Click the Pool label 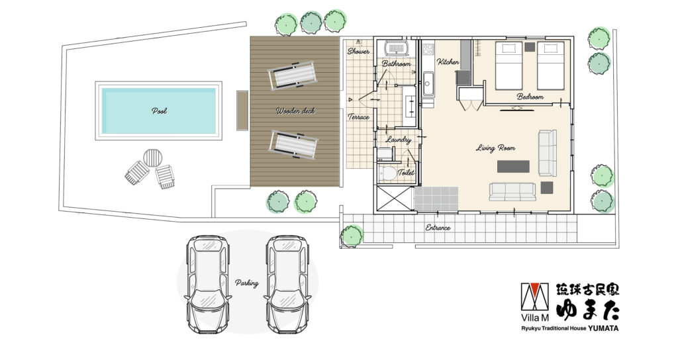tap(159, 111)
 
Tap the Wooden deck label tap(296, 111)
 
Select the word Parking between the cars tap(247, 283)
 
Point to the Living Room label tap(495, 148)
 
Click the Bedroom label tap(530, 97)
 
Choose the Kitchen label tap(448, 62)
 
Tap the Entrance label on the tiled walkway tap(438, 228)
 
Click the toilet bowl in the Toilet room tap(387, 173)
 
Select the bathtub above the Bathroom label tap(397, 47)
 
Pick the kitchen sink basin tap(428, 83)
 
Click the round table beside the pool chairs tap(153, 157)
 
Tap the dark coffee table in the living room tap(513, 166)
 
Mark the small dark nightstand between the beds tap(530, 47)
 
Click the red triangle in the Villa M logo tap(534, 289)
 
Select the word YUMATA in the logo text tap(603, 328)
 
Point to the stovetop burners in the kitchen tap(428, 49)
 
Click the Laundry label tap(398, 140)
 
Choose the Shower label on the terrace tap(358, 52)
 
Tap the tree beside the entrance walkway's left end tap(352, 236)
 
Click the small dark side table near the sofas tap(547, 187)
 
